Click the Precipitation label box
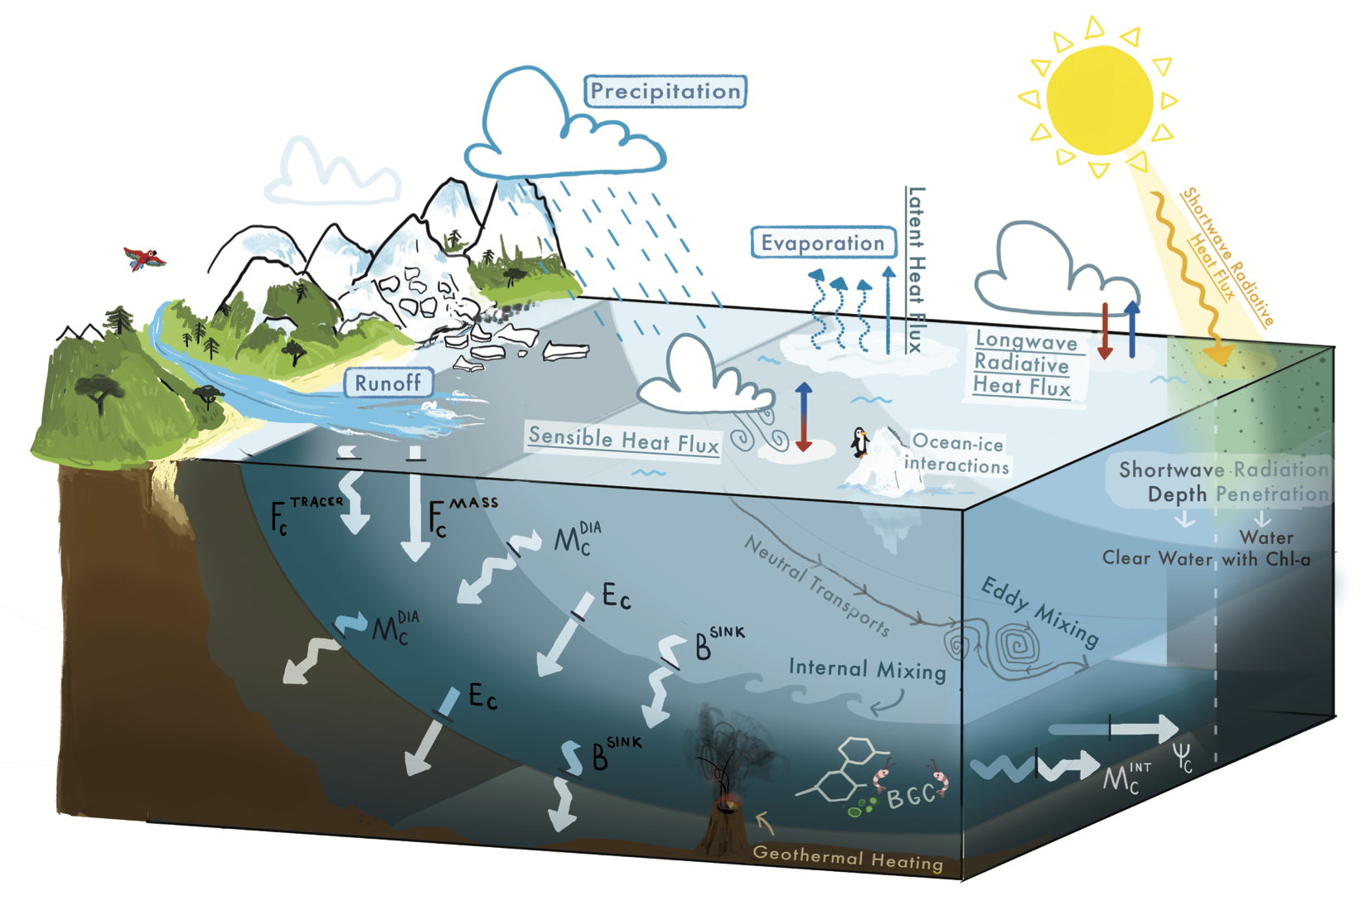pyautogui.click(x=666, y=92)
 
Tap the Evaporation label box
pyautogui.click(x=823, y=243)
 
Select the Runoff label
pyautogui.click(x=389, y=383)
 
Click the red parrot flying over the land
pyautogui.click(x=144, y=258)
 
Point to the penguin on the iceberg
pyautogui.click(x=860, y=442)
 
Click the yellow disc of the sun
pyautogui.click(x=1100, y=99)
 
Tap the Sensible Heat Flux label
pyautogui.click(x=623, y=440)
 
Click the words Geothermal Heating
pyautogui.click(x=848, y=857)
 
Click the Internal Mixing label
pyautogui.click(x=867, y=669)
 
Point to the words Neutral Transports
pyautogui.click(x=816, y=585)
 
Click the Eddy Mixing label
pyautogui.click(x=1040, y=612)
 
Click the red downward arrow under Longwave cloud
pyautogui.click(x=1105, y=330)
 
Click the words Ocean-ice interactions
pyautogui.click(x=956, y=454)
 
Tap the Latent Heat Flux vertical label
pyautogui.click(x=915, y=270)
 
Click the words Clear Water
pyautogui.click(x=1157, y=558)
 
